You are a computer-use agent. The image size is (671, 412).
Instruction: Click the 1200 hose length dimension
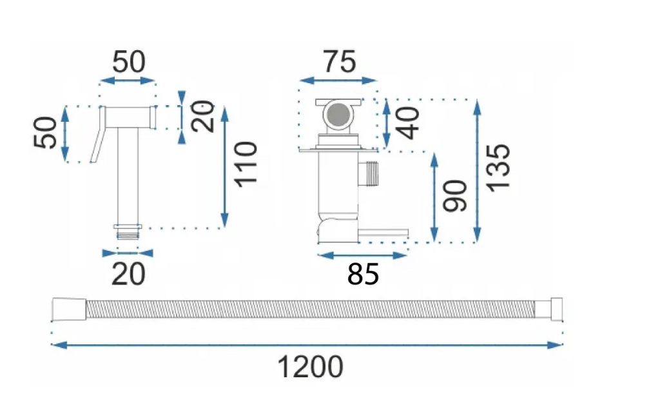(310, 367)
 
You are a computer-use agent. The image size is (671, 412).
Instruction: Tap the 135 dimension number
(498, 168)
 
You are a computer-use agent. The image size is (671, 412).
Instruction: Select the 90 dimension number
(455, 196)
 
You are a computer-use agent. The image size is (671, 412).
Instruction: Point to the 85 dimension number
(363, 274)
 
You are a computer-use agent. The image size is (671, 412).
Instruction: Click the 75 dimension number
(339, 62)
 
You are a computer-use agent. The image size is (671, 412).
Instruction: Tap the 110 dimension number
(246, 164)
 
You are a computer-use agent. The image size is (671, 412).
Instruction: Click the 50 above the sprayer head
(129, 62)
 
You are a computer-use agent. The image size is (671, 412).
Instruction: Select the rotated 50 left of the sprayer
(45, 133)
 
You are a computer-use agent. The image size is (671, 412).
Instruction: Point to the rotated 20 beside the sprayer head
(202, 116)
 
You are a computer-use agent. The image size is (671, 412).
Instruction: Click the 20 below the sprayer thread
(128, 274)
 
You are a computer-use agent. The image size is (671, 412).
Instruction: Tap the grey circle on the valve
(338, 115)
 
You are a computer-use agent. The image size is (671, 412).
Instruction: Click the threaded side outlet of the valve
(369, 174)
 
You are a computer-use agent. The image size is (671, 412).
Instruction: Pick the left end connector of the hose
(69, 309)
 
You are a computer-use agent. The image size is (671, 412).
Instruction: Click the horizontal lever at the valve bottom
(383, 233)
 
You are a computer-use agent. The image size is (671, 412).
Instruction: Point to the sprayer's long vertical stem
(128, 176)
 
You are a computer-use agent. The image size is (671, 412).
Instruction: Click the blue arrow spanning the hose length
(307, 345)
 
